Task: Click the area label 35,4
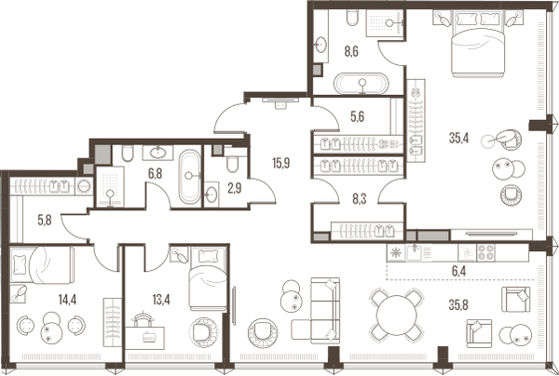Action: pos(458,139)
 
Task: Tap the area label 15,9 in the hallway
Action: pos(281,163)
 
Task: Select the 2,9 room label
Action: pos(235,188)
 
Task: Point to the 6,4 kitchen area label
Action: pos(459,271)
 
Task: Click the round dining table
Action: pos(397,316)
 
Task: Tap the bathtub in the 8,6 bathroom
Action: pos(361,84)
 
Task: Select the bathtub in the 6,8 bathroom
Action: pos(190,177)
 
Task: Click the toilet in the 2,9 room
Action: pos(232,162)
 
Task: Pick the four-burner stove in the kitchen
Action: pos(486,253)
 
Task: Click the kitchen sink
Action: pos(415,252)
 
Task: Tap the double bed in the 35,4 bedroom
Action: pos(478,44)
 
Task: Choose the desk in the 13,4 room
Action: pos(145,338)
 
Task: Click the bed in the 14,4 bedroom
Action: pos(42,265)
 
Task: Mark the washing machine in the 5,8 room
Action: pos(85,186)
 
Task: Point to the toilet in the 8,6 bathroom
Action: pos(352,18)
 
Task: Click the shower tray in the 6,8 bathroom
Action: pos(110,186)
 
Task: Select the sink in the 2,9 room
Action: pos(211,195)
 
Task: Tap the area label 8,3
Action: pos(359,199)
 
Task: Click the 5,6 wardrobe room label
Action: pos(357,116)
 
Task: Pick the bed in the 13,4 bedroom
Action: pos(208,278)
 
